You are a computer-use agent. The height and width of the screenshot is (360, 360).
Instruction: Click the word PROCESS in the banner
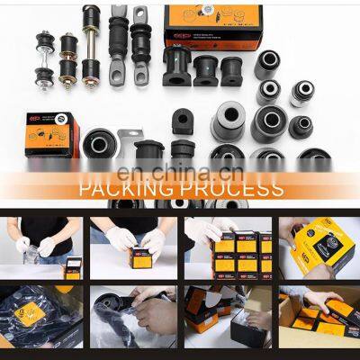pyautogui.click(x=230, y=190)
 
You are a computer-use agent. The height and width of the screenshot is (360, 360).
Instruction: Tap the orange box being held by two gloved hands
pyautogui.click(x=139, y=256)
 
